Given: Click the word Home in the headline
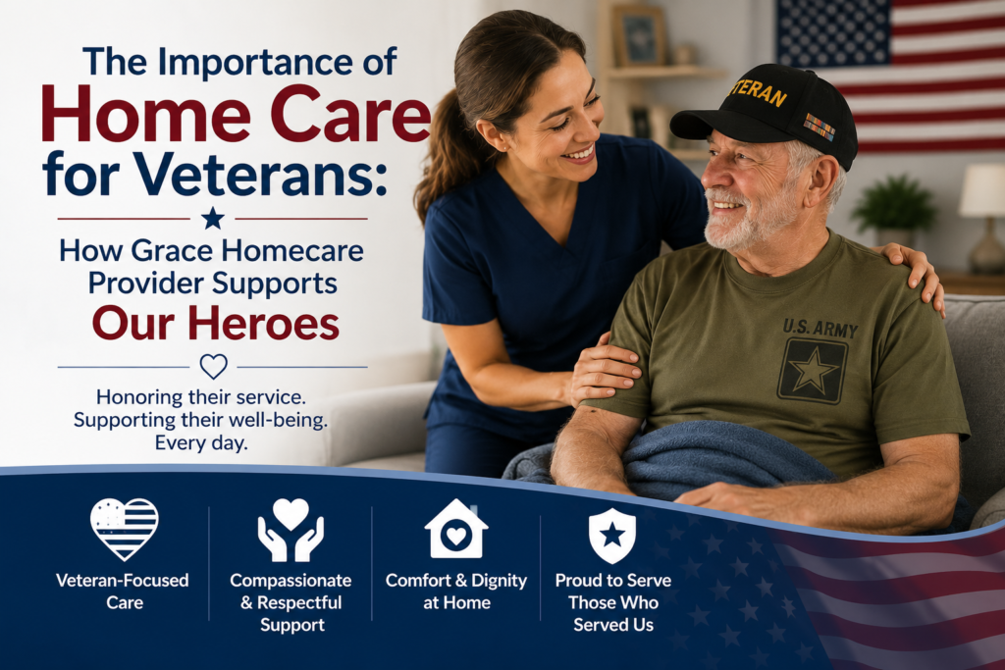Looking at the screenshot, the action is (x=146, y=114).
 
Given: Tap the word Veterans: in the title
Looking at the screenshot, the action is (x=260, y=174).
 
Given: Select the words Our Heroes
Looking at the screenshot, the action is (x=215, y=324).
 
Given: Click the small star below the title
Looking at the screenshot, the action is (x=213, y=219).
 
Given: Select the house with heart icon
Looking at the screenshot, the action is (x=455, y=529).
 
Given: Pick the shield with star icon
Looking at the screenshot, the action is (x=612, y=536).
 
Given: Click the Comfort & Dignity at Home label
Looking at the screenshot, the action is (x=455, y=592).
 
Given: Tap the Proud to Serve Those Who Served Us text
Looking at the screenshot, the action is (x=612, y=602).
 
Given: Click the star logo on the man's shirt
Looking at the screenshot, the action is (x=812, y=371).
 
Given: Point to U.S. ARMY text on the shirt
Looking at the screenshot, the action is (x=820, y=328).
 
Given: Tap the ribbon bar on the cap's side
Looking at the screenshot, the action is (x=820, y=127).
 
